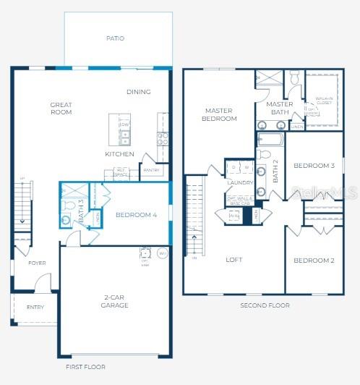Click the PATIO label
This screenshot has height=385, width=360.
point(115,38)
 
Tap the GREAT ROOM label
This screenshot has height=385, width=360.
point(61,109)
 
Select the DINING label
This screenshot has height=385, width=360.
point(138,92)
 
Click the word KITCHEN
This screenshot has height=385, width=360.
point(119,154)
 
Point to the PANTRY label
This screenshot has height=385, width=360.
point(152,171)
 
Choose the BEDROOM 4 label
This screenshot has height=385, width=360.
point(136,215)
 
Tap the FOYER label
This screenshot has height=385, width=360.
point(37,263)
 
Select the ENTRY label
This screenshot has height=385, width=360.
point(35,307)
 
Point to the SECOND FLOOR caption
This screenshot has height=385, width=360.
point(265,305)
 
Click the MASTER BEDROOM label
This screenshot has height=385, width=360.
point(218,114)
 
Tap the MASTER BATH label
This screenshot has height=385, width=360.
point(279,109)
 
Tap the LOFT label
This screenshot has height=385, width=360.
point(233,259)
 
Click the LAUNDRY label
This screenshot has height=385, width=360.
point(239,183)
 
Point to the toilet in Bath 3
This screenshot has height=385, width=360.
point(67,218)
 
